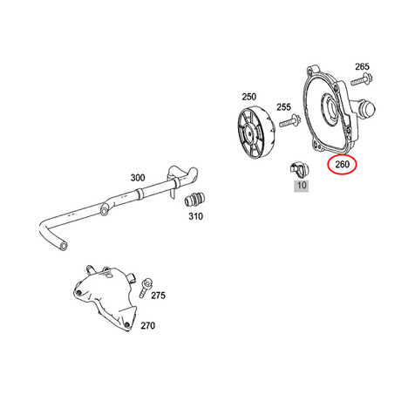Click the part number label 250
(249, 97)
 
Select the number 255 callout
(283, 107)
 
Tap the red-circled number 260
(342, 165)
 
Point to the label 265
(362, 66)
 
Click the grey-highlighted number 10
(302, 185)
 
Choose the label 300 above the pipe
(138, 178)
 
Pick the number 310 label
(195, 216)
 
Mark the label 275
(158, 296)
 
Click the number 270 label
(147, 325)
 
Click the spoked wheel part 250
(255, 134)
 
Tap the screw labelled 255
(290, 120)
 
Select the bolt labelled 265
(362, 79)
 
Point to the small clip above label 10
(299, 170)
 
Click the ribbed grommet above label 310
(194, 200)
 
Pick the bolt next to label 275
(146, 288)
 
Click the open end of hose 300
(63, 246)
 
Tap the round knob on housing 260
(367, 110)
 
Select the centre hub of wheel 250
(250, 133)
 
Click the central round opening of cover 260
(331, 110)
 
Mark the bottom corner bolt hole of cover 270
(127, 324)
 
